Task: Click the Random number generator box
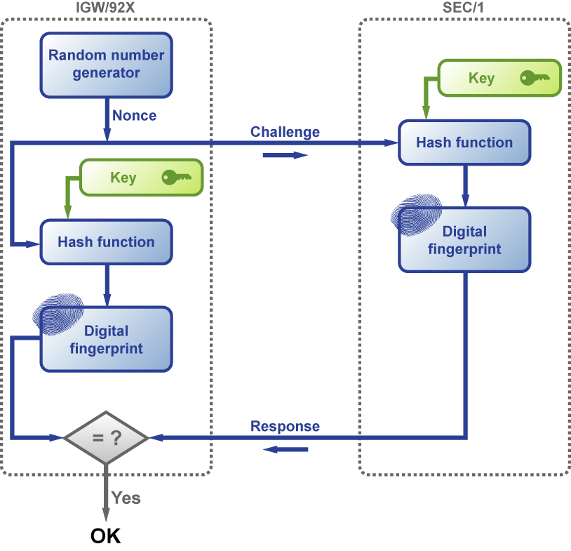(x=106, y=65)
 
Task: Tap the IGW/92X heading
(x=105, y=7)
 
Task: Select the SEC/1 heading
(x=463, y=7)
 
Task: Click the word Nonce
(x=135, y=116)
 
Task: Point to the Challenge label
(x=285, y=132)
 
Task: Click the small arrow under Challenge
(x=285, y=155)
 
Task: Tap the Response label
(x=285, y=426)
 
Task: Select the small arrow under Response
(x=285, y=449)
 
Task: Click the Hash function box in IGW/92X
(x=106, y=242)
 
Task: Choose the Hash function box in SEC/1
(x=464, y=142)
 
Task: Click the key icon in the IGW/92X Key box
(x=177, y=178)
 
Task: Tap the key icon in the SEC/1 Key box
(x=535, y=78)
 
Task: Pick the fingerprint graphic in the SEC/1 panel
(x=416, y=215)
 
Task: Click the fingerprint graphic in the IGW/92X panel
(x=58, y=314)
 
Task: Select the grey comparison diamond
(x=106, y=438)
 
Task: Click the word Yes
(x=126, y=498)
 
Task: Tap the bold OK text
(x=106, y=536)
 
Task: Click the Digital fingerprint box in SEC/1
(x=464, y=240)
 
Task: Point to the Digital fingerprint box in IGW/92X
(x=106, y=339)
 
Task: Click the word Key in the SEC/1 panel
(x=481, y=79)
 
